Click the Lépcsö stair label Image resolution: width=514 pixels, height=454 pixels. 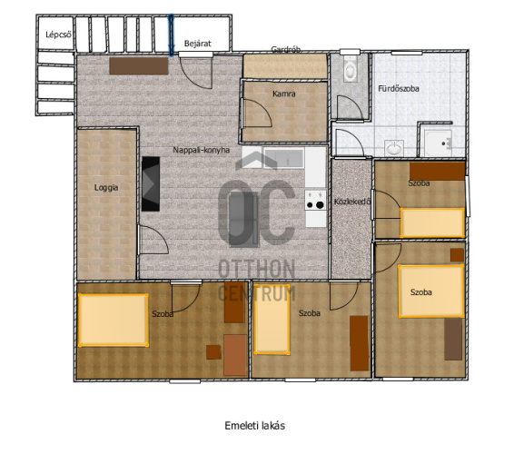58,35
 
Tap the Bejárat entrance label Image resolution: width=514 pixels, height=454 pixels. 197,44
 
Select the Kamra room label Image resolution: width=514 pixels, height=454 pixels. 284,94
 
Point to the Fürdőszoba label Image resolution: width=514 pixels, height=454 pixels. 399,88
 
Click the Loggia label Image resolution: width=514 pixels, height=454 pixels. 106,188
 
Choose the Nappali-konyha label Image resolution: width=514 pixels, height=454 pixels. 202,150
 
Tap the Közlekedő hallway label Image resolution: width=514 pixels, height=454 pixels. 352,202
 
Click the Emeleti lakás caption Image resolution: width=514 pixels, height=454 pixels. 254,426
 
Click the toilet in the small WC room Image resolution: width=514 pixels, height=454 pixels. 351,69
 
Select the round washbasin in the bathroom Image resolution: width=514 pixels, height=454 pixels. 394,148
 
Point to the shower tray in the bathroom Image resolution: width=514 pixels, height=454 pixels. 439,143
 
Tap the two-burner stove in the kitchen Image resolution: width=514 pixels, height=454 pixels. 315,201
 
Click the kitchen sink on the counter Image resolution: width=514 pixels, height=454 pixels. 284,158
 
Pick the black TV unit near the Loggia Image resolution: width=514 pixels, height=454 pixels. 151,184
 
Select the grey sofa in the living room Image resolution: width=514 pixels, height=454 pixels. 243,220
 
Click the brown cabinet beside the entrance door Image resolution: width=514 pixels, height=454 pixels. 139,66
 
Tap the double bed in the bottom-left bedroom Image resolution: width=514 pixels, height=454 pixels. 114,320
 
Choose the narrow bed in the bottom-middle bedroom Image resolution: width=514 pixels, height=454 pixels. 272,320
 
